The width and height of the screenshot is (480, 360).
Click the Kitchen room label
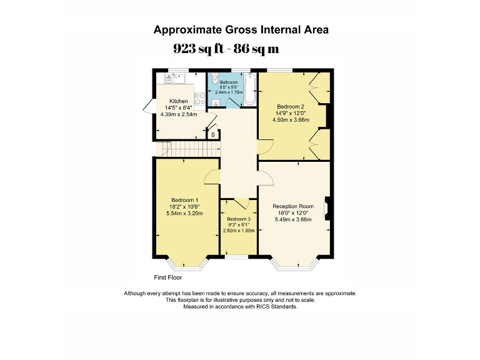(x=179, y=101)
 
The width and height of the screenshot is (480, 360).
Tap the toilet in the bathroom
(x=214, y=81)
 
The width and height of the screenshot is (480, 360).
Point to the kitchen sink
(x=171, y=79)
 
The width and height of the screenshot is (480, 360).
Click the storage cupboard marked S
(x=212, y=134)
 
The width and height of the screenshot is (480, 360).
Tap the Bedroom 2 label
(x=291, y=106)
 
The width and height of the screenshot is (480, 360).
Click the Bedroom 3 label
(x=238, y=219)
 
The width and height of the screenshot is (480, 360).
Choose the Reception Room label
(x=292, y=206)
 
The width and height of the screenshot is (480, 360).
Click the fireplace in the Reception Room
(x=326, y=209)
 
